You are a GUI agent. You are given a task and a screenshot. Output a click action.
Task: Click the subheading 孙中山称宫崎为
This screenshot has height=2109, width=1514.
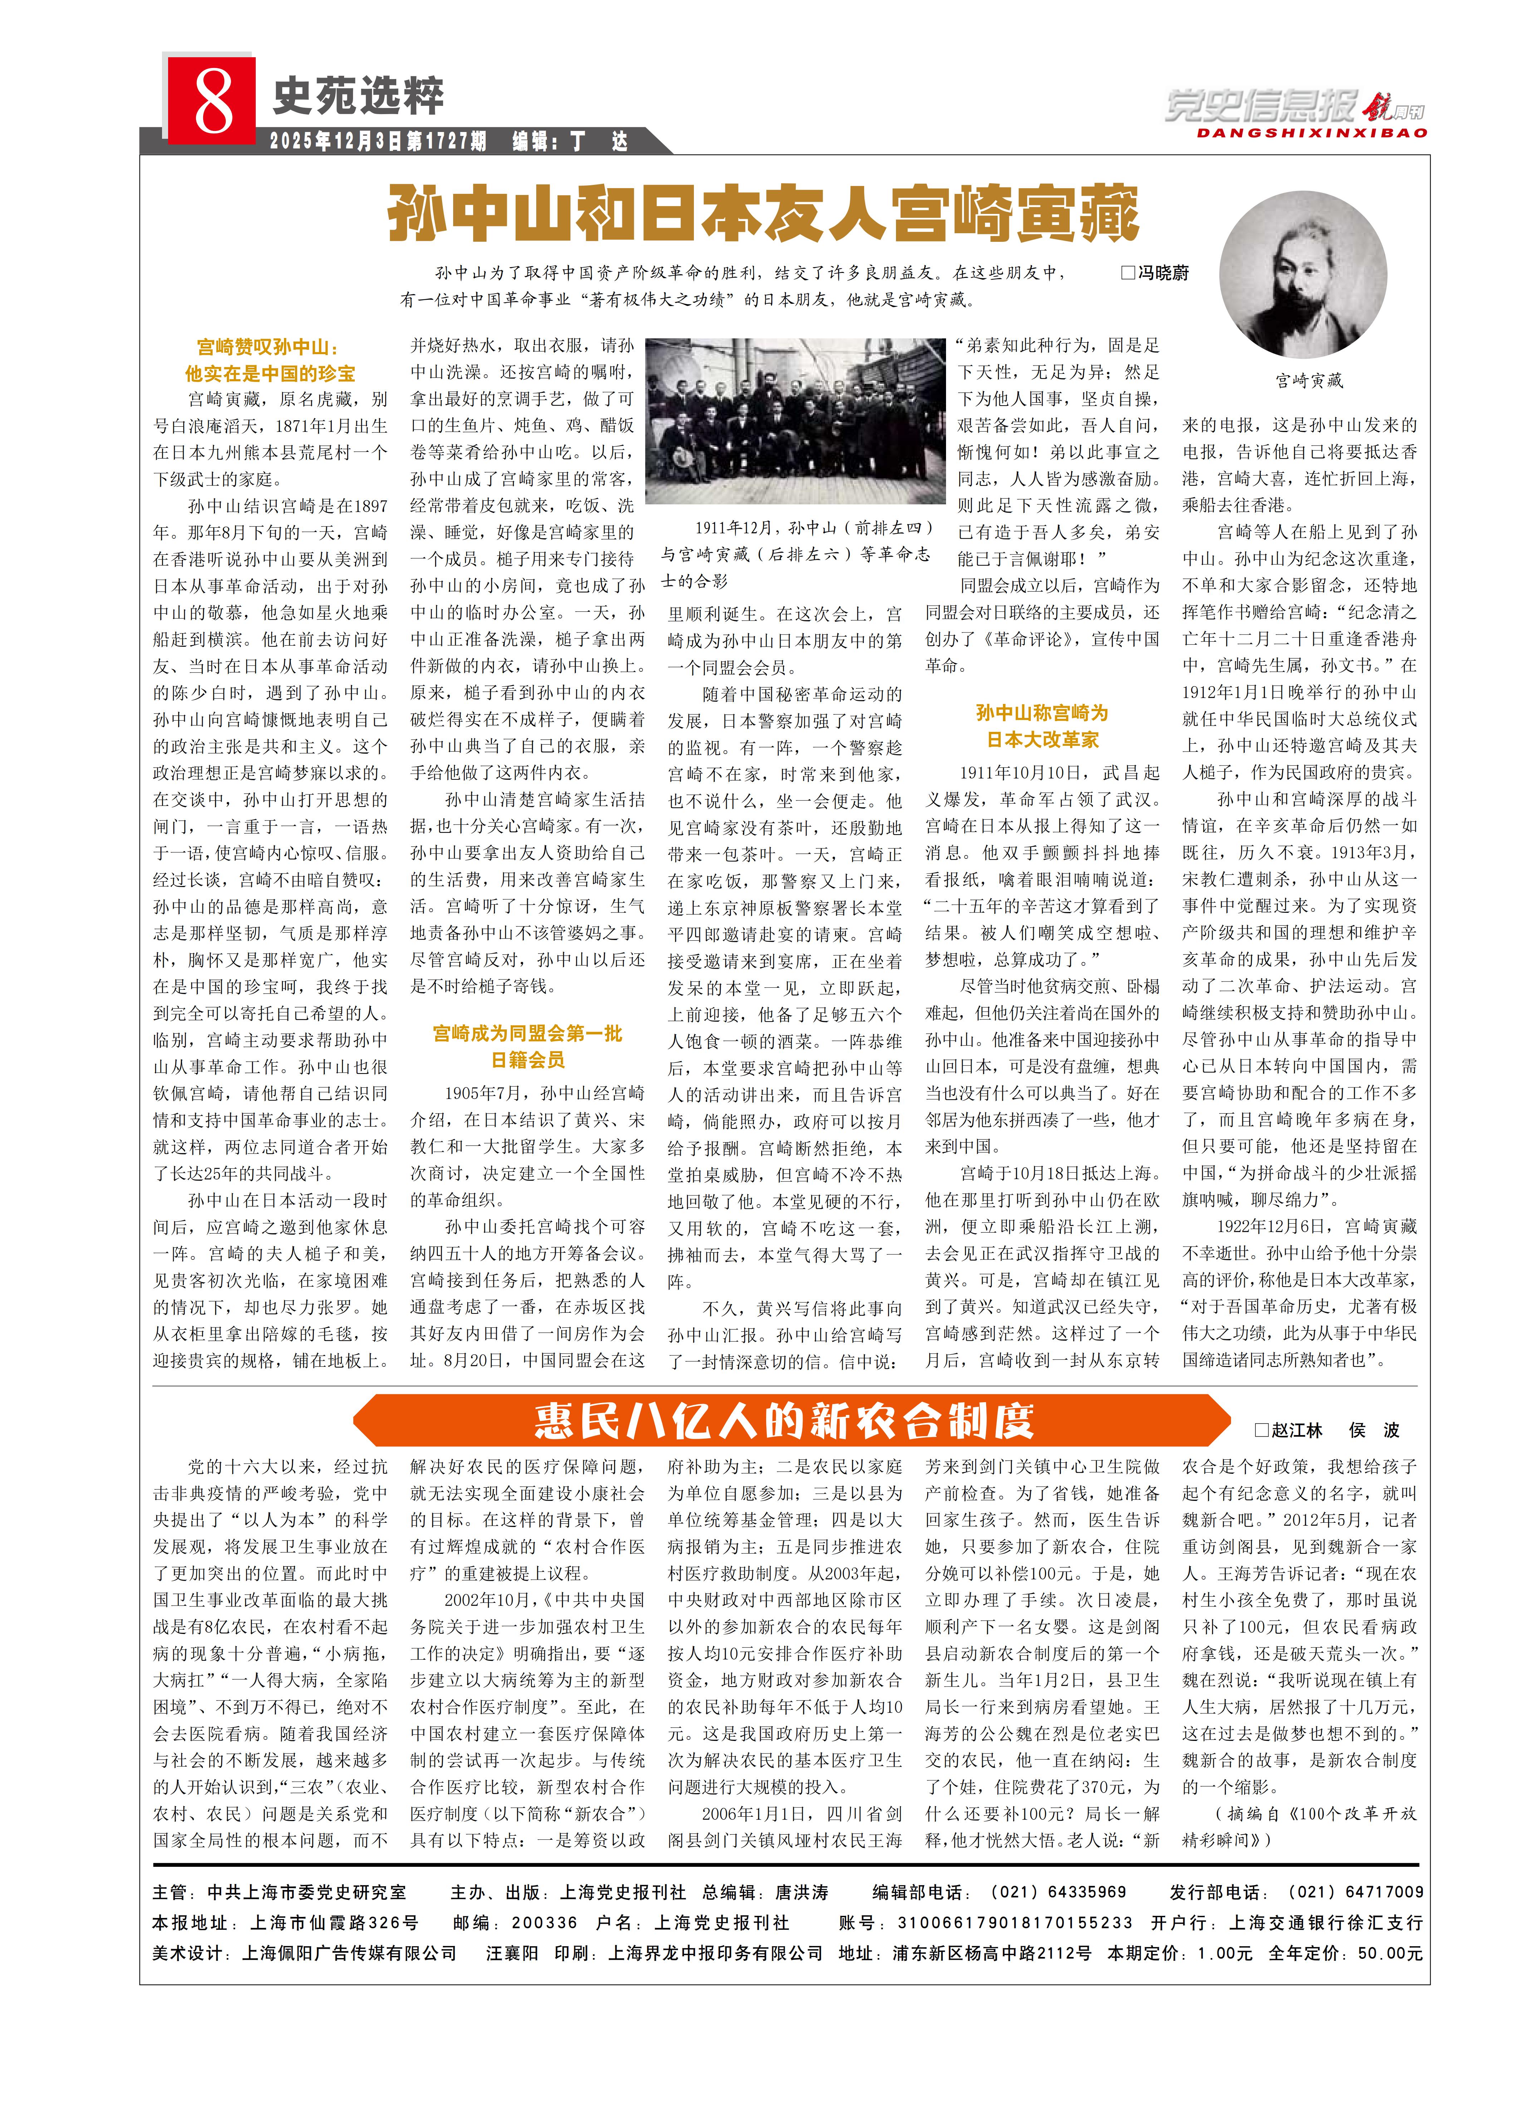(x=1042, y=713)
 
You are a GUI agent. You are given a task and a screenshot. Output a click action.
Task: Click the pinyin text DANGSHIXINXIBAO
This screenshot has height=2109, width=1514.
(x=1311, y=133)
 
